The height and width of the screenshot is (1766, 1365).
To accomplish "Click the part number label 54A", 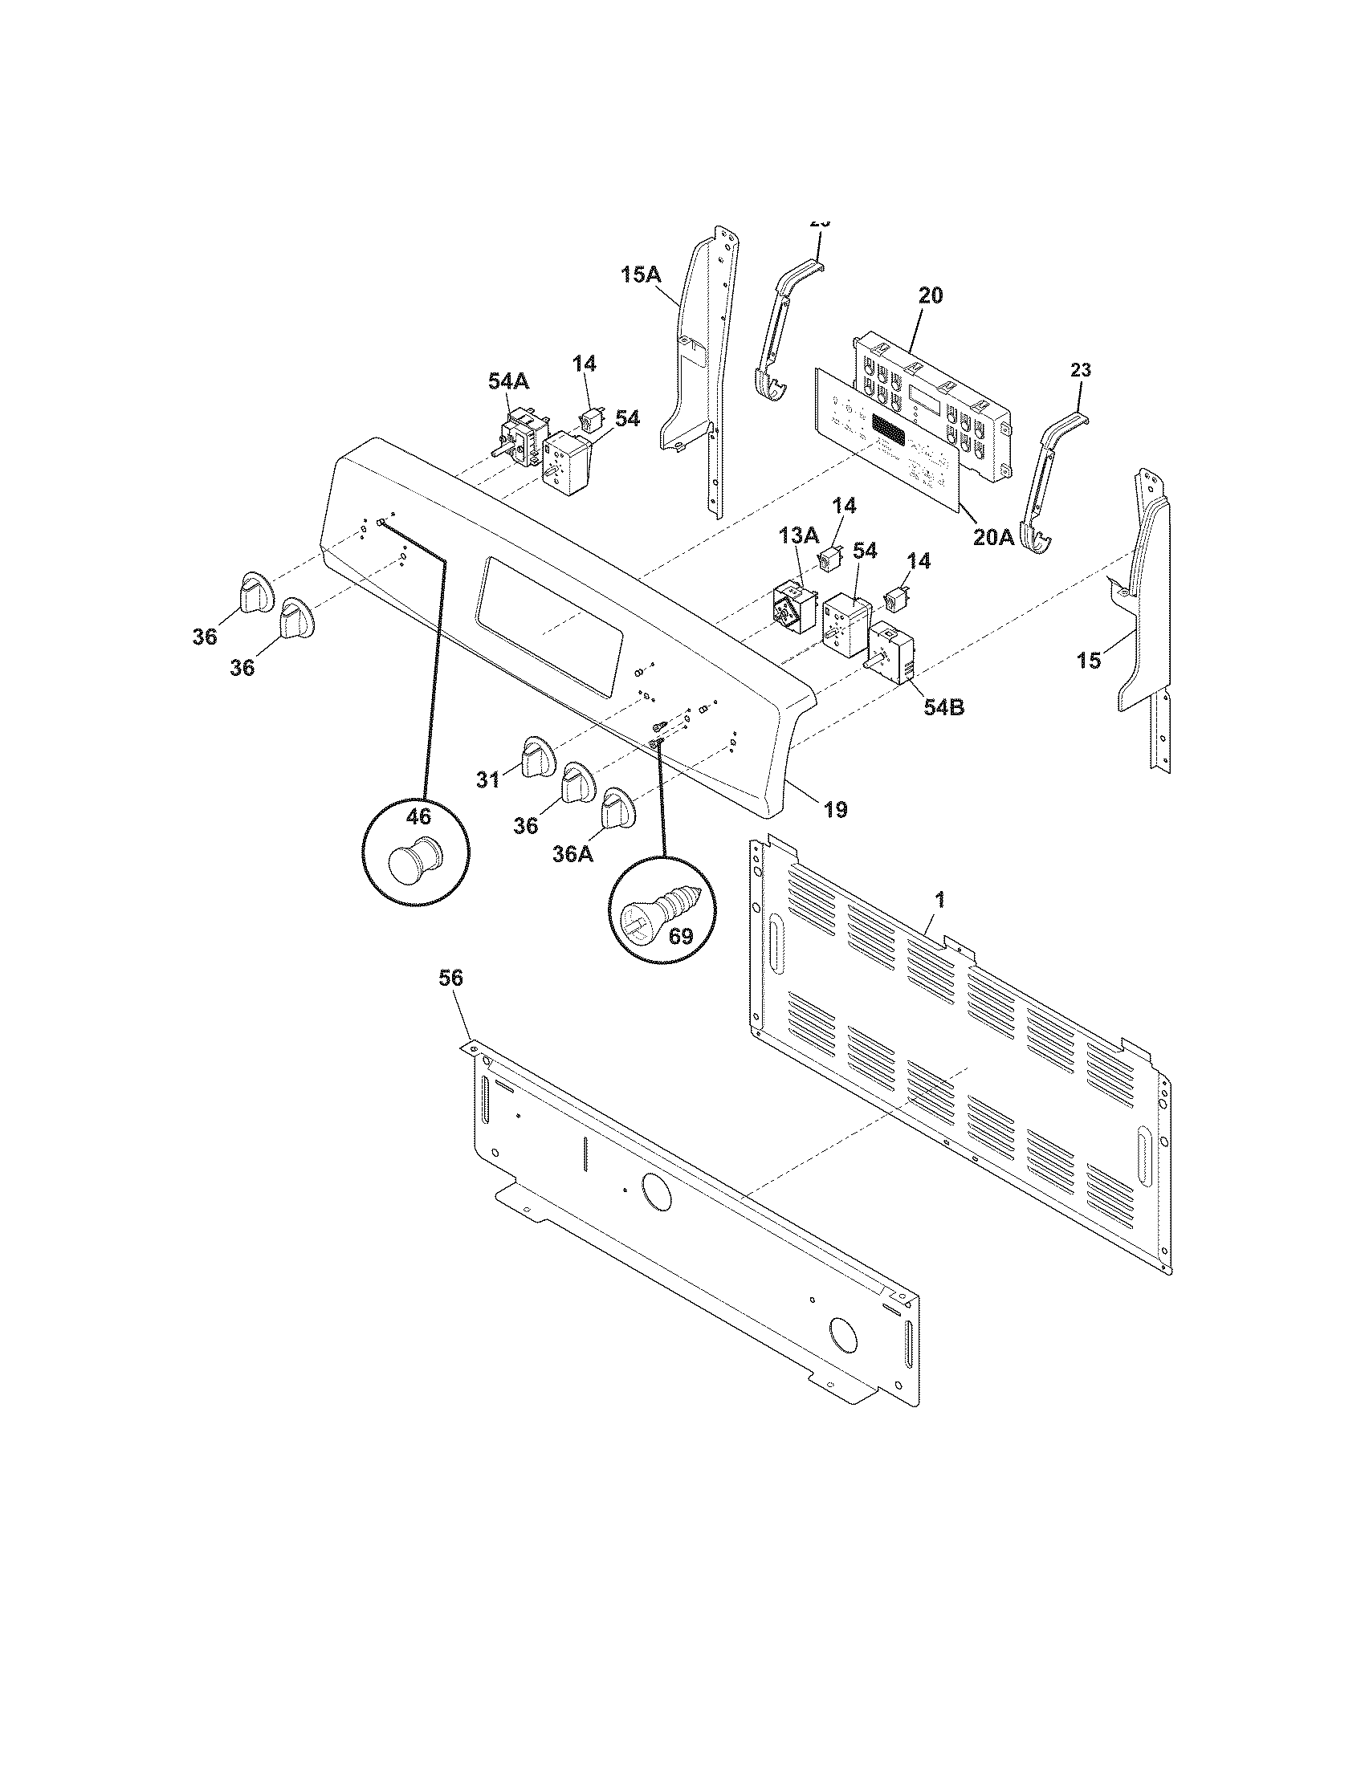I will (x=507, y=380).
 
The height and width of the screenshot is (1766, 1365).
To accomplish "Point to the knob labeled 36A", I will (x=618, y=806).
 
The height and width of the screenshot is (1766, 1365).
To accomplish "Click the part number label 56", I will (x=450, y=979).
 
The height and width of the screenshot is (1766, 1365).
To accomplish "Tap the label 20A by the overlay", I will (x=992, y=536).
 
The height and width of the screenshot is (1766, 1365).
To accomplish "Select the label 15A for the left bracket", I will (x=641, y=275).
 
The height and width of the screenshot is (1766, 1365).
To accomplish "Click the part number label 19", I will (x=835, y=808).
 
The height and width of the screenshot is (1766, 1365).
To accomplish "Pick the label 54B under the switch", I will (x=944, y=707).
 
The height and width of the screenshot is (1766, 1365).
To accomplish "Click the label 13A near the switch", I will (x=798, y=535).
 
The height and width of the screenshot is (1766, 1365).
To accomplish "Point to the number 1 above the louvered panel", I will (x=939, y=898).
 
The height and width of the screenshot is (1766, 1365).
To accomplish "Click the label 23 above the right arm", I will (x=1080, y=370).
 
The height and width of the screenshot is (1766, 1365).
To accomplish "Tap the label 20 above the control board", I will (x=930, y=295).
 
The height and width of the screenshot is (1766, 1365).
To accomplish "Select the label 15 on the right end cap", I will (x=1089, y=661).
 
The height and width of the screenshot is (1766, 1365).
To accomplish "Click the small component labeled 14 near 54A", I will (x=589, y=420).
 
